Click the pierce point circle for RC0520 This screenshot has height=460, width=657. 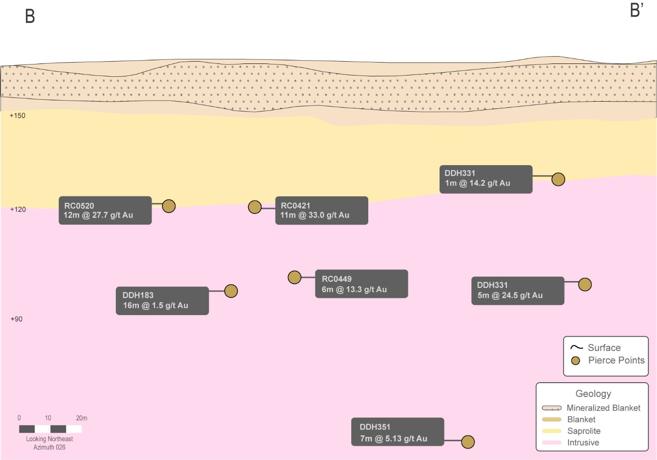tap(169, 206)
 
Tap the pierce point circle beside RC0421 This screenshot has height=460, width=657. tap(255, 207)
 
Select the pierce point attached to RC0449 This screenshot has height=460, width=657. tap(294, 277)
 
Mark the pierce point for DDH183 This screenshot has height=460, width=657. tap(231, 291)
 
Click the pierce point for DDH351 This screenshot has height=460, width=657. tap(468, 442)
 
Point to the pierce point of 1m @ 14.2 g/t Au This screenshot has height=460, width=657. tap(558, 179)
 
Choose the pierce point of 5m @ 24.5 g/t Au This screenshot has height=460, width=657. tap(585, 285)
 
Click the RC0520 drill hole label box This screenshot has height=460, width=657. tap(105, 211)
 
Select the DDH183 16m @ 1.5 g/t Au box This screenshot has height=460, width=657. tap(162, 301)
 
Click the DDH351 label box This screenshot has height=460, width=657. tap(398, 432)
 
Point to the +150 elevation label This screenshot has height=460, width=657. tap(17, 116)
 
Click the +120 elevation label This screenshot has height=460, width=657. tap(18, 210)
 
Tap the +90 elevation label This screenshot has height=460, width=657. tap(17, 319)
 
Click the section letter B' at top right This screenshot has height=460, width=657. tap(636, 11)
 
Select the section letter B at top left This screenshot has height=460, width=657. tap(30, 16)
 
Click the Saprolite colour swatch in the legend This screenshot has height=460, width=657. tap(552, 431)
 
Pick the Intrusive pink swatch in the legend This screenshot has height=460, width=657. tap(552, 443)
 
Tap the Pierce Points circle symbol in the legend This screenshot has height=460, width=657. tap(576, 361)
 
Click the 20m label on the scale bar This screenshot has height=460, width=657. tap(81, 418)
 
